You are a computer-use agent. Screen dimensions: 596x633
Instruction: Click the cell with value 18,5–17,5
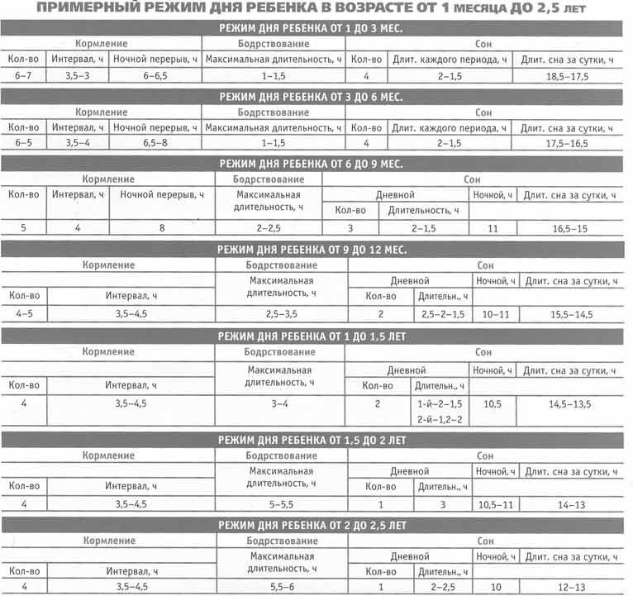pyautogui.click(x=568, y=75)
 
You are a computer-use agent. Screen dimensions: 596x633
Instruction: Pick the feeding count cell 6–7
pyautogui.click(x=22, y=75)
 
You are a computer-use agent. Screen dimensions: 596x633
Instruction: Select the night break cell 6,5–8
pyautogui.click(x=156, y=143)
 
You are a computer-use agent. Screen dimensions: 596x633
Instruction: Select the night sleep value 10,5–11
pyautogui.click(x=495, y=503)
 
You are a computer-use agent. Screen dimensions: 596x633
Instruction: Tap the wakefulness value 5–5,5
pyautogui.click(x=281, y=503)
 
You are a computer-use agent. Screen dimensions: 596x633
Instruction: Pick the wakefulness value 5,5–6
pyautogui.click(x=281, y=587)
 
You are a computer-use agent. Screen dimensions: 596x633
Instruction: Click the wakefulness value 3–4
pyautogui.click(x=281, y=404)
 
